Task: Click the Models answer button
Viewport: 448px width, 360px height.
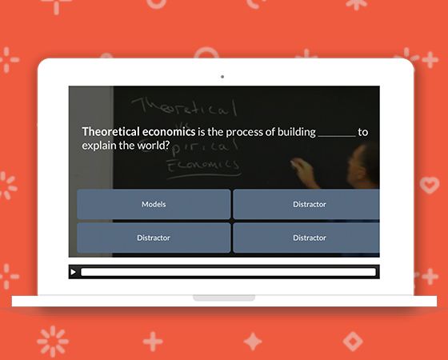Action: tap(154, 204)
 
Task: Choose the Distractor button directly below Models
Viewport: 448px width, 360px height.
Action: tap(154, 238)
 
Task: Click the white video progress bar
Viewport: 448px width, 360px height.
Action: tap(228, 272)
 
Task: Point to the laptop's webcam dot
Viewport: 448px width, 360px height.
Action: tap(222, 77)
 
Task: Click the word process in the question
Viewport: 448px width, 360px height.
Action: tap(236, 131)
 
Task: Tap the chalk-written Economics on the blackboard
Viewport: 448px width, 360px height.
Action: tap(202, 166)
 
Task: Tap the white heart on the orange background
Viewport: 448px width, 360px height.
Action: tap(430, 185)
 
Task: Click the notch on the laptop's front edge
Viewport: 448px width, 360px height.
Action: tap(224, 298)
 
